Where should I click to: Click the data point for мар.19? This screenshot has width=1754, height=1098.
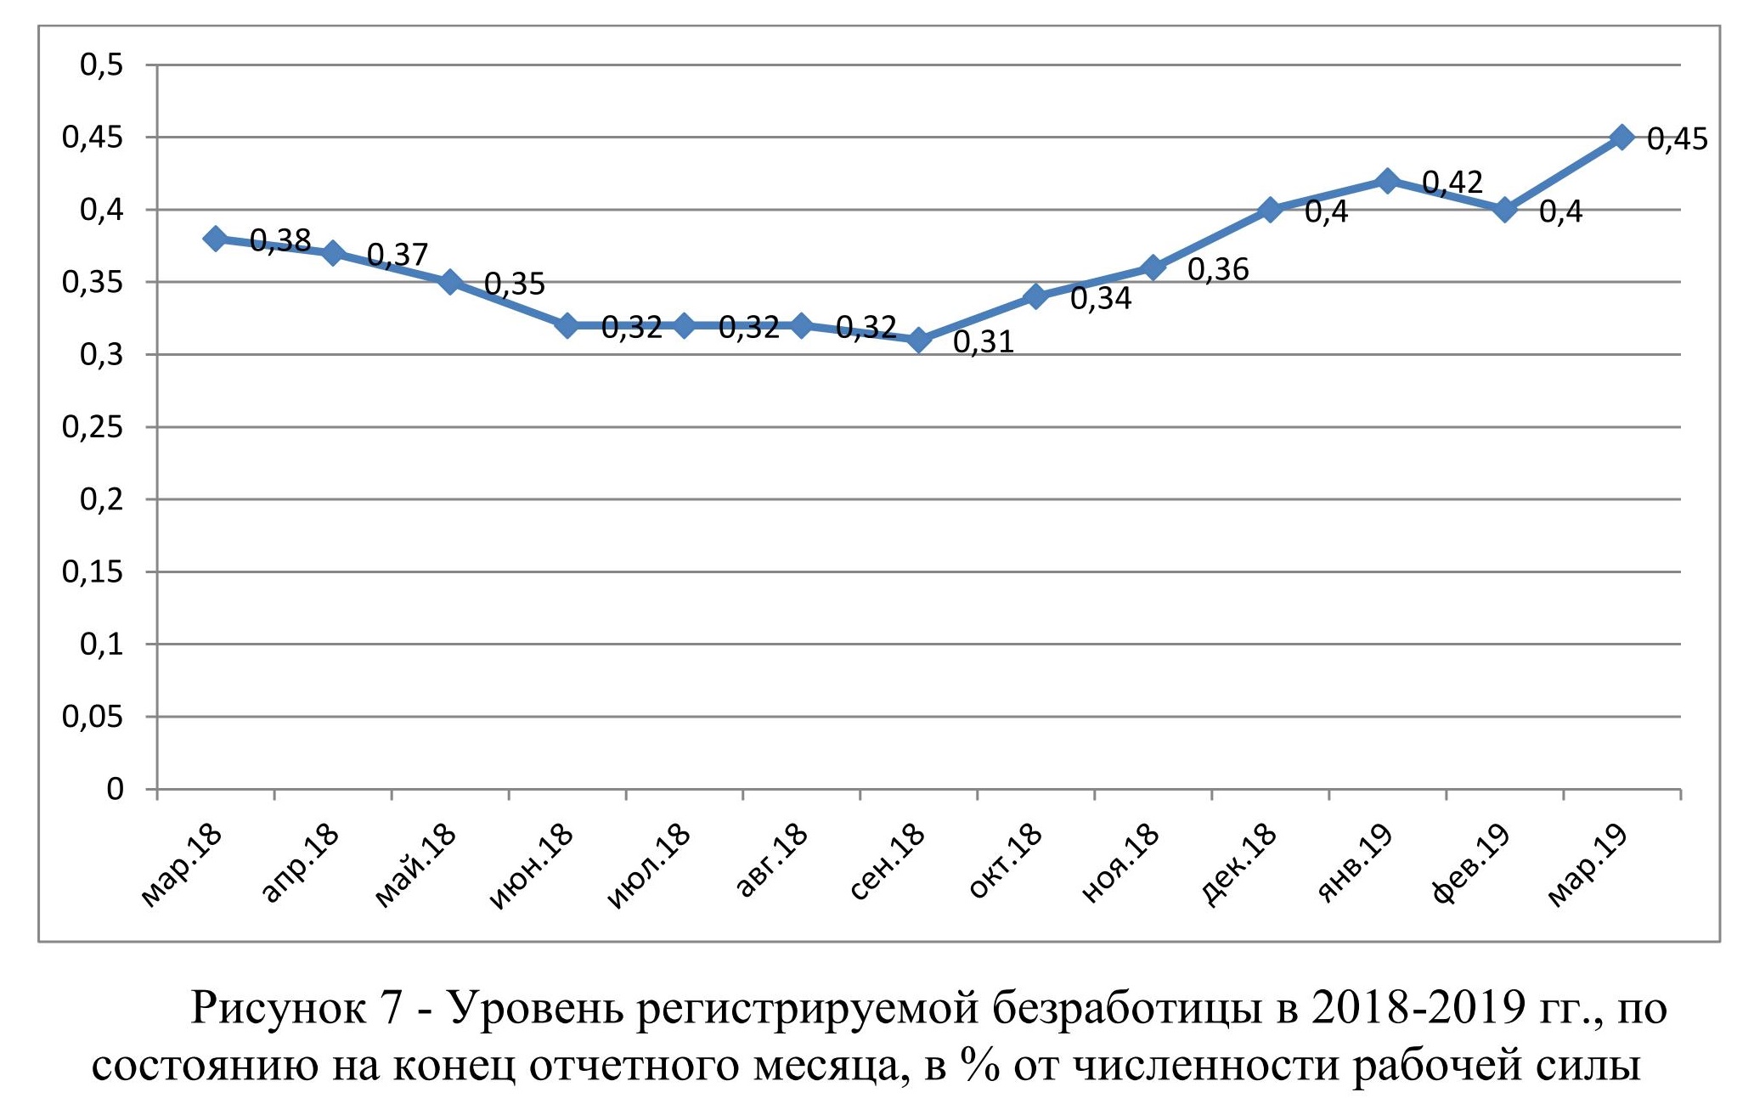pos(1621,137)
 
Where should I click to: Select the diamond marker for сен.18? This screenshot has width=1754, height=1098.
pos(918,340)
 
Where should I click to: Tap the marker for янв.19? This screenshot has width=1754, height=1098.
pos(1387,180)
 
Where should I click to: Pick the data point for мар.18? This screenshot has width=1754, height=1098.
pos(216,239)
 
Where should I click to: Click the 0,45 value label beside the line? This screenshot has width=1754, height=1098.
pos(1677,139)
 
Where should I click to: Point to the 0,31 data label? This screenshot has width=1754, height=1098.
pos(984,342)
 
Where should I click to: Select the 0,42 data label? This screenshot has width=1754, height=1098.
pos(1452,183)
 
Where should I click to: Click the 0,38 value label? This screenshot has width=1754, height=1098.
pos(280,241)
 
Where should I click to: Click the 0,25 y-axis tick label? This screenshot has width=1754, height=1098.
pos(93,427)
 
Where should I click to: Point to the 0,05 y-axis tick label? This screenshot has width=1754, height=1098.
pos(93,718)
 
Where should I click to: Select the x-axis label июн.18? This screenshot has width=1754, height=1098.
pos(532,866)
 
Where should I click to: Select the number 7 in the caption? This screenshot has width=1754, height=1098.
pos(391,1008)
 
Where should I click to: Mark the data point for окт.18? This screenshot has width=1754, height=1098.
pos(1035,296)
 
